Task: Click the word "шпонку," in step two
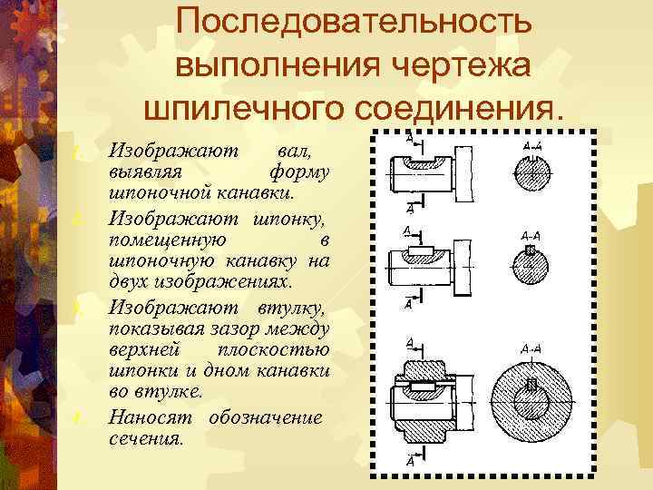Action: pyautogui.click(x=288, y=218)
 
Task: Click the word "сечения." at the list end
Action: pyautogui.click(x=146, y=439)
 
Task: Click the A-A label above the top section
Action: pyautogui.click(x=532, y=145)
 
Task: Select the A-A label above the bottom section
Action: pyautogui.click(x=531, y=348)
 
